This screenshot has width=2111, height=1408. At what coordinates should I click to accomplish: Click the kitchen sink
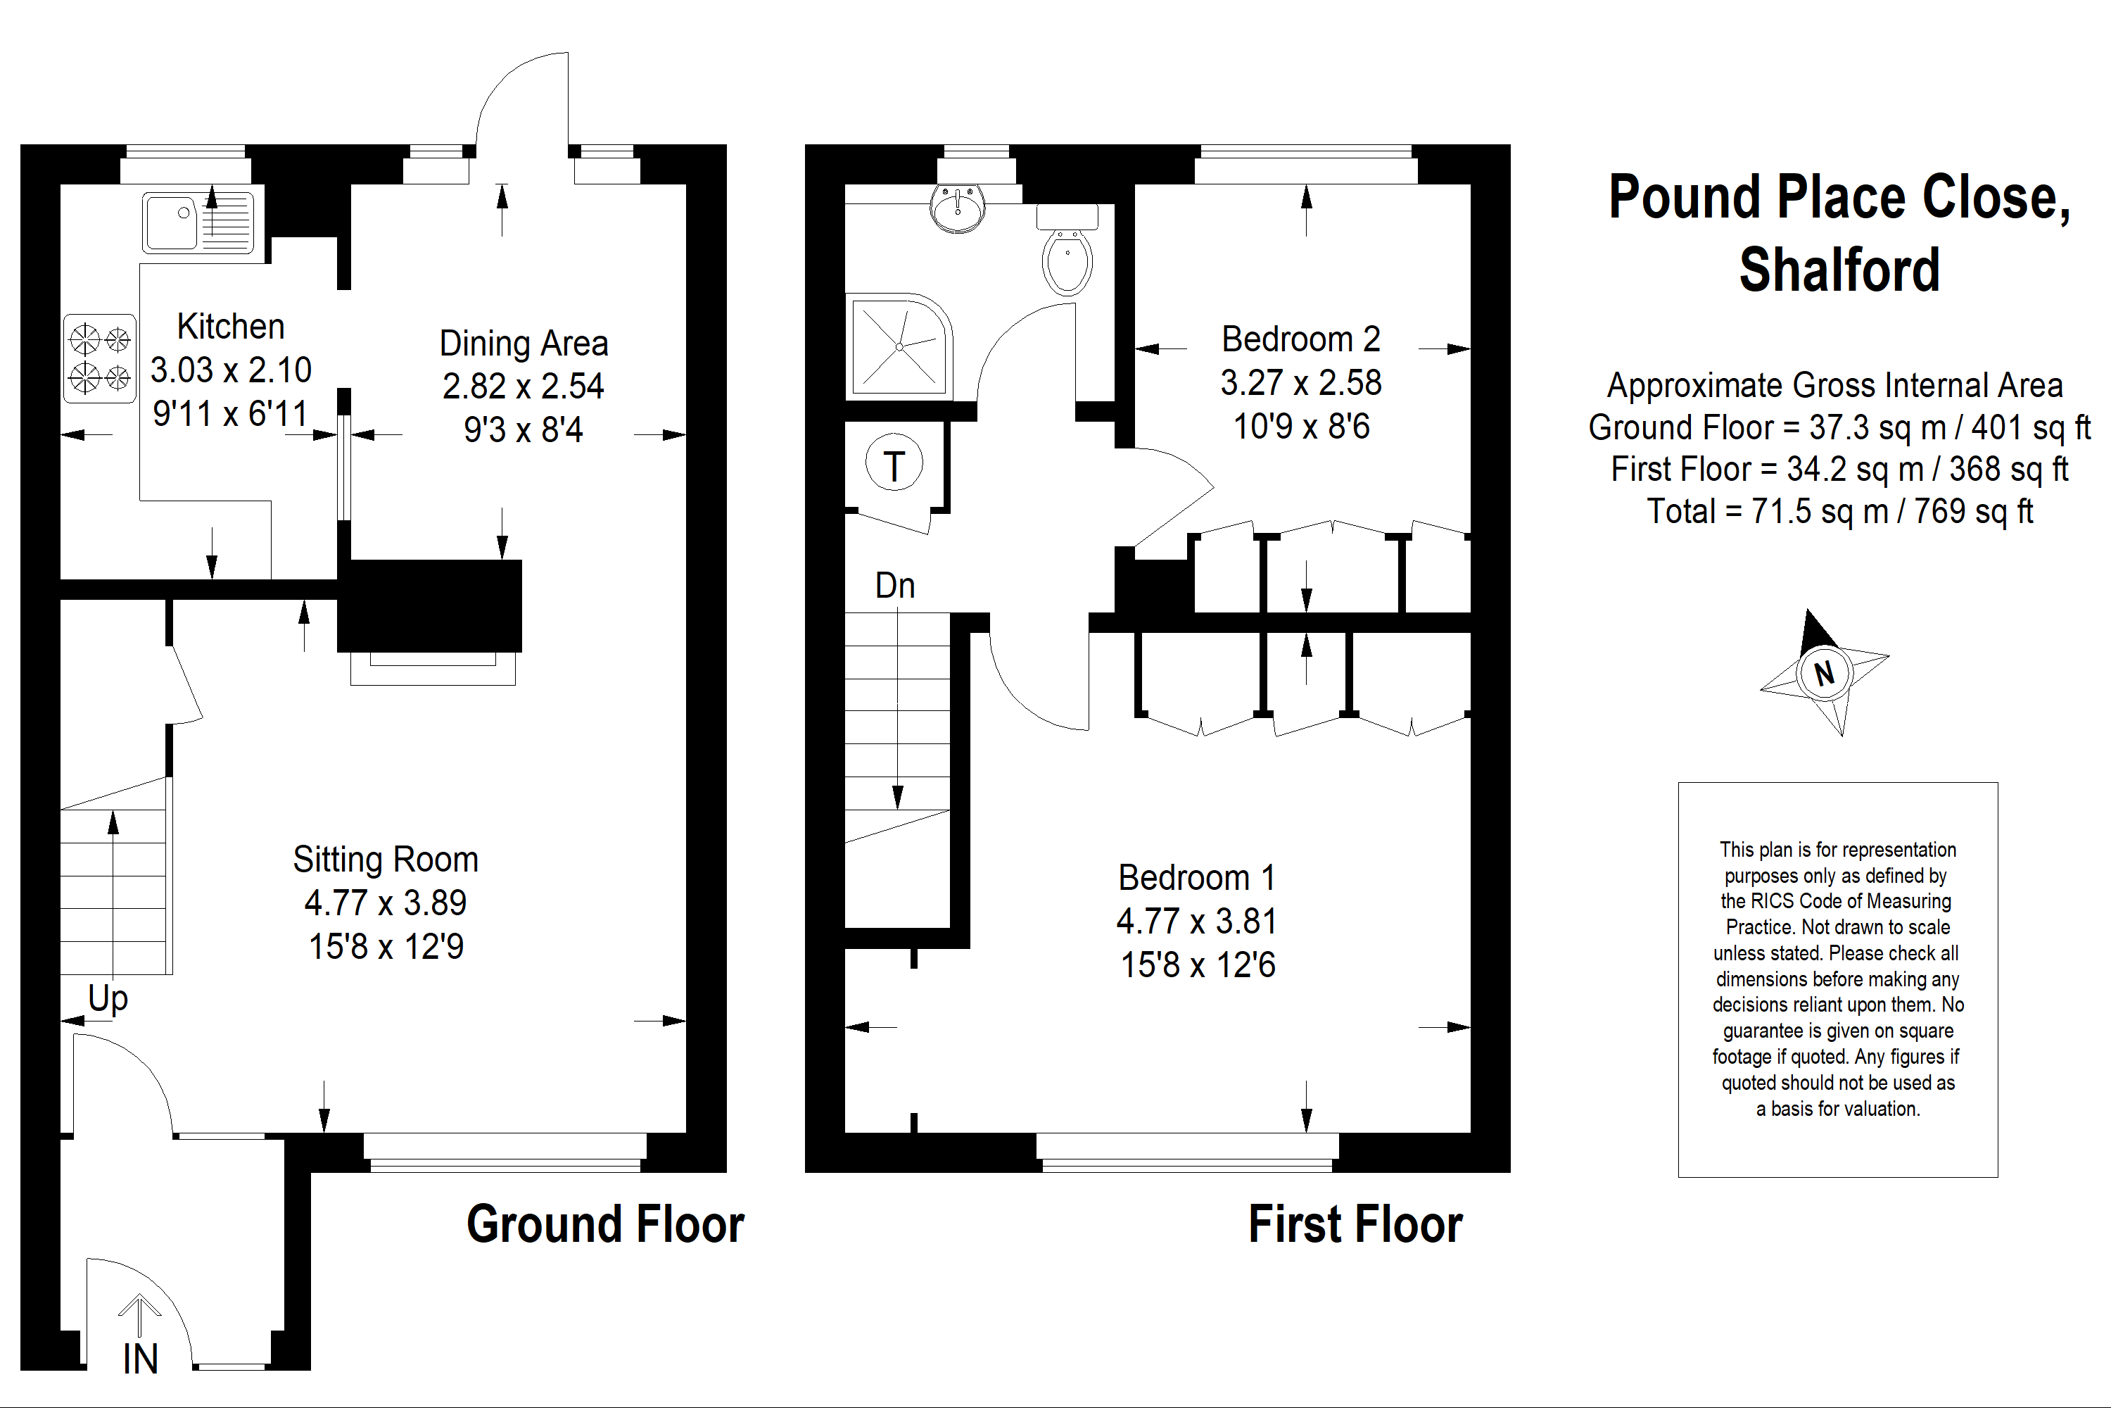point(198,222)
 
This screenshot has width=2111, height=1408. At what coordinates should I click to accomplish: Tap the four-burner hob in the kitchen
point(100,358)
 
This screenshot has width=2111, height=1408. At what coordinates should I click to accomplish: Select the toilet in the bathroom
point(1067,250)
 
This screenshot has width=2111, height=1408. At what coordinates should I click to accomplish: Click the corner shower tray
point(899,346)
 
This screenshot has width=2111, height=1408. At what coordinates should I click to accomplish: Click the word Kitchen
point(231,326)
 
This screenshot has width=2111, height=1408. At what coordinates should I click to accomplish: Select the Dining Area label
point(524,343)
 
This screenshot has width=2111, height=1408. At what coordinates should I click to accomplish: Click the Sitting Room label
point(386,860)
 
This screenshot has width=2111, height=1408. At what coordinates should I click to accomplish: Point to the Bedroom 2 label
point(1300,339)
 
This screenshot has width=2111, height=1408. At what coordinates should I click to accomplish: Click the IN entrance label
point(140,1359)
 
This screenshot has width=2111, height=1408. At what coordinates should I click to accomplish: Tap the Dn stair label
point(895,586)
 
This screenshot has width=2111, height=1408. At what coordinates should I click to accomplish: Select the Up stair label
point(108,998)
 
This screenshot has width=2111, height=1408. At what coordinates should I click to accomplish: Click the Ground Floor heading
point(606,1224)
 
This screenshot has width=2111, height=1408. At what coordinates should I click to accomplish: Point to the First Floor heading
point(1355,1224)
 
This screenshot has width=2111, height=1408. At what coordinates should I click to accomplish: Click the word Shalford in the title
point(1839,270)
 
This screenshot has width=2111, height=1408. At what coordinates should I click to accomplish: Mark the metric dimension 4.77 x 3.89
point(386,903)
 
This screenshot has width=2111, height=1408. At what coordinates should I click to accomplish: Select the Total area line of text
point(1840,511)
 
